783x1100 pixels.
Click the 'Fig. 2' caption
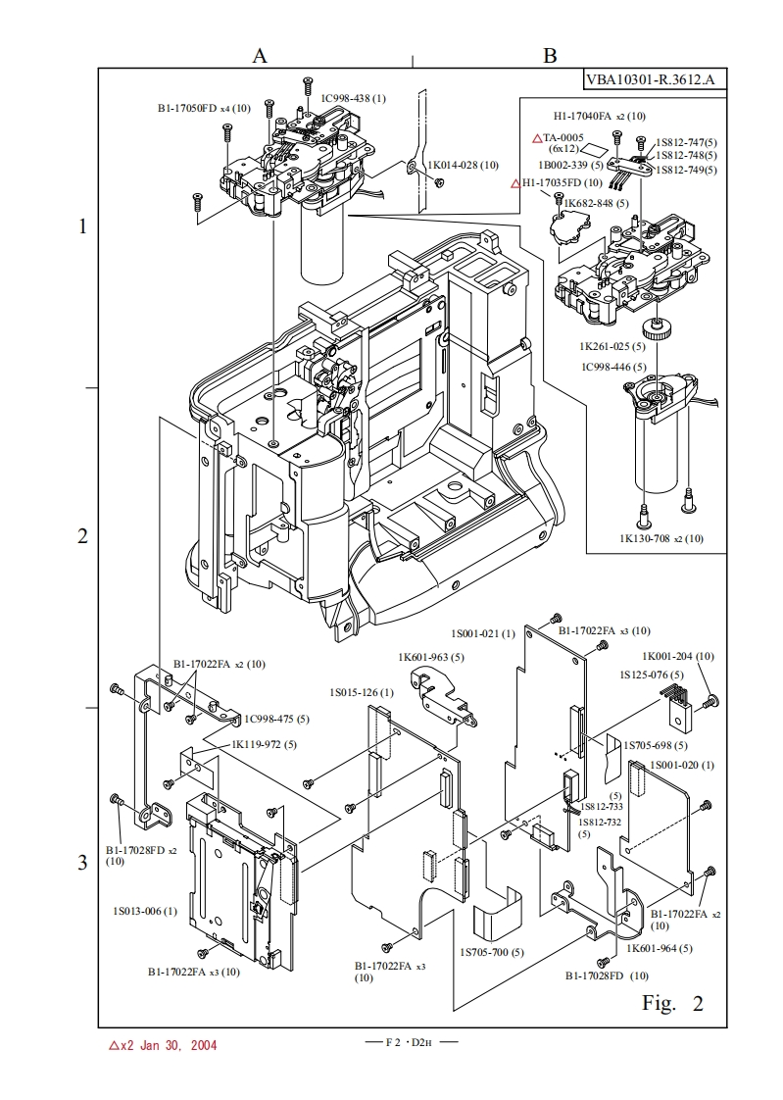[672, 1003]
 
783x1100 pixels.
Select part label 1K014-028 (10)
[464, 165]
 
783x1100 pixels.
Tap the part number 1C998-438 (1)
[354, 98]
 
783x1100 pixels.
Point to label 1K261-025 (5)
[612, 346]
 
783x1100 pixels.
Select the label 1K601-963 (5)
[431, 656]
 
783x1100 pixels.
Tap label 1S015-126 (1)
[362, 692]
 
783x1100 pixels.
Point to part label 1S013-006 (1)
[145, 911]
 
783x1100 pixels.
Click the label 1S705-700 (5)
[491, 952]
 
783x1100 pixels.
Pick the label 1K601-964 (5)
[660, 948]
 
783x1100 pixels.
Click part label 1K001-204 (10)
[678, 656]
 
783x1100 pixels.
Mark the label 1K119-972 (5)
[264, 744]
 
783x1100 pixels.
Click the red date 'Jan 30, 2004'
[176, 1045]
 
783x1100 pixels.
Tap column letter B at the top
[550, 56]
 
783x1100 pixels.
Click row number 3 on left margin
[82, 862]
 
